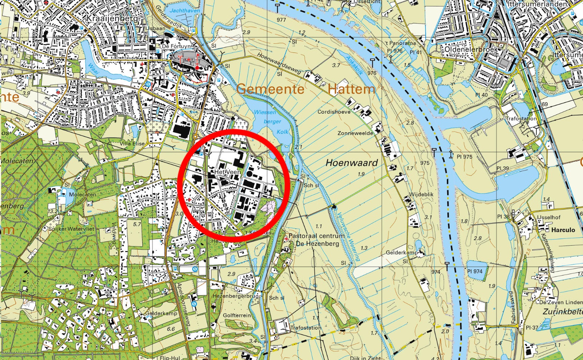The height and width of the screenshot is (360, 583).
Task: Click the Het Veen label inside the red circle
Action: pyautogui.click(x=227, y=172)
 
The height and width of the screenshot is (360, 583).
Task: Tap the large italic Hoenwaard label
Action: pyautogui.click(x=351, y=163)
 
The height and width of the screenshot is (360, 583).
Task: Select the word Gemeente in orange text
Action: pyautogui.click(x=270, y=89)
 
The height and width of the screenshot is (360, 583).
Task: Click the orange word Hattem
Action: pyautogui.click(x=351, y=89)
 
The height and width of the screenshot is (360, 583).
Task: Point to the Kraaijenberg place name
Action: pyautogui.click(x=112, y=18)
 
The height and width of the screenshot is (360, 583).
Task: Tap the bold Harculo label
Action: pyautogui.click(x=563, y=230)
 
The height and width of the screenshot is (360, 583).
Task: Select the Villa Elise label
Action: pyautogui.click(x=132, y=144)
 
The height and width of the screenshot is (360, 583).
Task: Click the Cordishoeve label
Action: pyautogui.click(x=334, y=112)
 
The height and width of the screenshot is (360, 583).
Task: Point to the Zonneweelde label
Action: pyautogui.click(x=355, y=133)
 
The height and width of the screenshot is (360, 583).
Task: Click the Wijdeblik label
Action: pyautogui.click(x=422, y=194)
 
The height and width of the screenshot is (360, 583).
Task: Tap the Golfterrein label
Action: pyautogui.click(x=237, y=315)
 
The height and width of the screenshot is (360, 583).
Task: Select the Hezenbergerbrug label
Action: pyautogui.click(x=236, y=296)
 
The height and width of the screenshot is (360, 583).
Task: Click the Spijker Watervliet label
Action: pyautogui.click(x=71, y=229)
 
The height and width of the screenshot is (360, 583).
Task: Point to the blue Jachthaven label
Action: pyautogui.click(x=185, y=11)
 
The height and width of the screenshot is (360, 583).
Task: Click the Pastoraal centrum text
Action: pyautogui.click(x=316, y=236)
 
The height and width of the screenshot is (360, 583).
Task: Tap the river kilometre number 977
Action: pyautogui.click(x=281, y=20)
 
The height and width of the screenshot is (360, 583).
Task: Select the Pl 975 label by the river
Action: pyautogui.click(x=464, y=157)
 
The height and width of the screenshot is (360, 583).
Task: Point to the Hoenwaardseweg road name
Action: pyautogui.click(x=279, y=63)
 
